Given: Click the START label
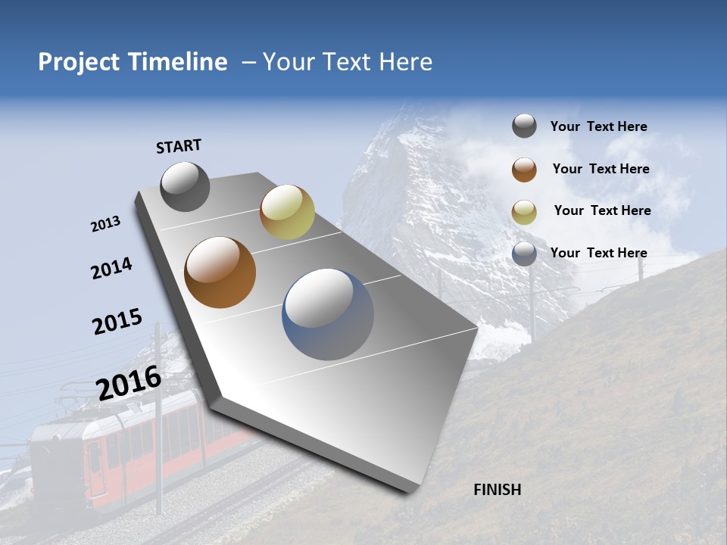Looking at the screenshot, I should pyautogui.click(x=179, y=146).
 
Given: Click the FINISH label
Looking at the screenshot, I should pyautogui.click(x=498, y=490).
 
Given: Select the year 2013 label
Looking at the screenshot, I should pyautogui.click(x=105, y=224).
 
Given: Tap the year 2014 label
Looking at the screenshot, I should pyautogui.click(x=111, y=269).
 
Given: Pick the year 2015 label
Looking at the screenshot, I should pyautogui.click(x=117, y=322).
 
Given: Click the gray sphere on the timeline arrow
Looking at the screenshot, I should pyautogui.click(x=186, y=186).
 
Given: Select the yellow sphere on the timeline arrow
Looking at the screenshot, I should pyautogui.click(x=287, y=211).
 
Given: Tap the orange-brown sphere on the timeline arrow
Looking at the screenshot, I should pyautogui.click(x=220, y=272).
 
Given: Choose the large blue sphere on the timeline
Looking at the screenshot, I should pyautogui.click(x=328, y=314).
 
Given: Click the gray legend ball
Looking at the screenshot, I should pyautogui.click(x=524, y=126).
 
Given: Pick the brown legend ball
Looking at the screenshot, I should pyautogui.click(x=524, y=170).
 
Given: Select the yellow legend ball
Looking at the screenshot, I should pyautogui.click(x=524, y=212).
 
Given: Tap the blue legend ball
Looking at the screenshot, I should pyautogui.click(x=524, y=254).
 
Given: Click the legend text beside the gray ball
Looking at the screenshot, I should pyautogui.click(x=598, y=126).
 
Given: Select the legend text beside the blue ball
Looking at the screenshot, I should pyautogui.click(x=598, y=253).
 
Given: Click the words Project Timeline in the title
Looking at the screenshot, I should pyautogui.click(x=133, y=62).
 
